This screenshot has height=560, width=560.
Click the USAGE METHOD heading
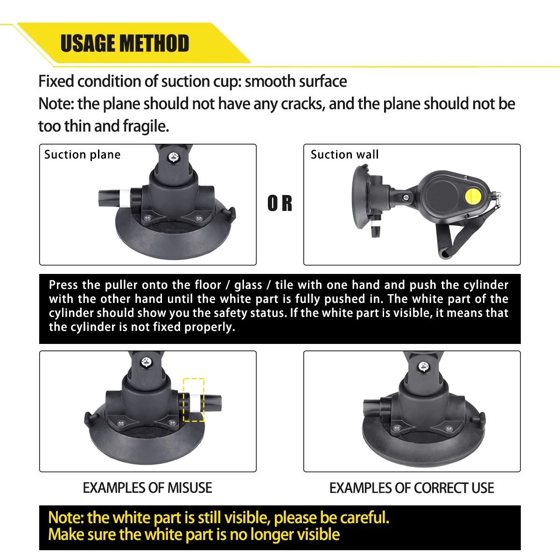click(x=125, y=43)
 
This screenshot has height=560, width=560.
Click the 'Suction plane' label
click(x=82, y=154)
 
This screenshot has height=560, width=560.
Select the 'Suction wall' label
click(x=345, y=154)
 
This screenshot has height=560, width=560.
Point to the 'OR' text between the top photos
click(x=280, y=203)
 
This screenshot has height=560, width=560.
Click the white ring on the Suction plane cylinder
click(x=125, y=198)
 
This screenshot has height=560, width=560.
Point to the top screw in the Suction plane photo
click(x=174, y=157)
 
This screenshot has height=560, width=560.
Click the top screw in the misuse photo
click(x=146, y=362)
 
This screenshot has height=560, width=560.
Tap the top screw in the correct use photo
click(x=423, y=366)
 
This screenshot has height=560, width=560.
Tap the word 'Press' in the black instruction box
click(x=63, y=285)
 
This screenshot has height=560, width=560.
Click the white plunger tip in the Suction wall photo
click(x=376, y=224)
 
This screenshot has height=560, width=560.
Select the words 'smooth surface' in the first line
click(x=296, y=81)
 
